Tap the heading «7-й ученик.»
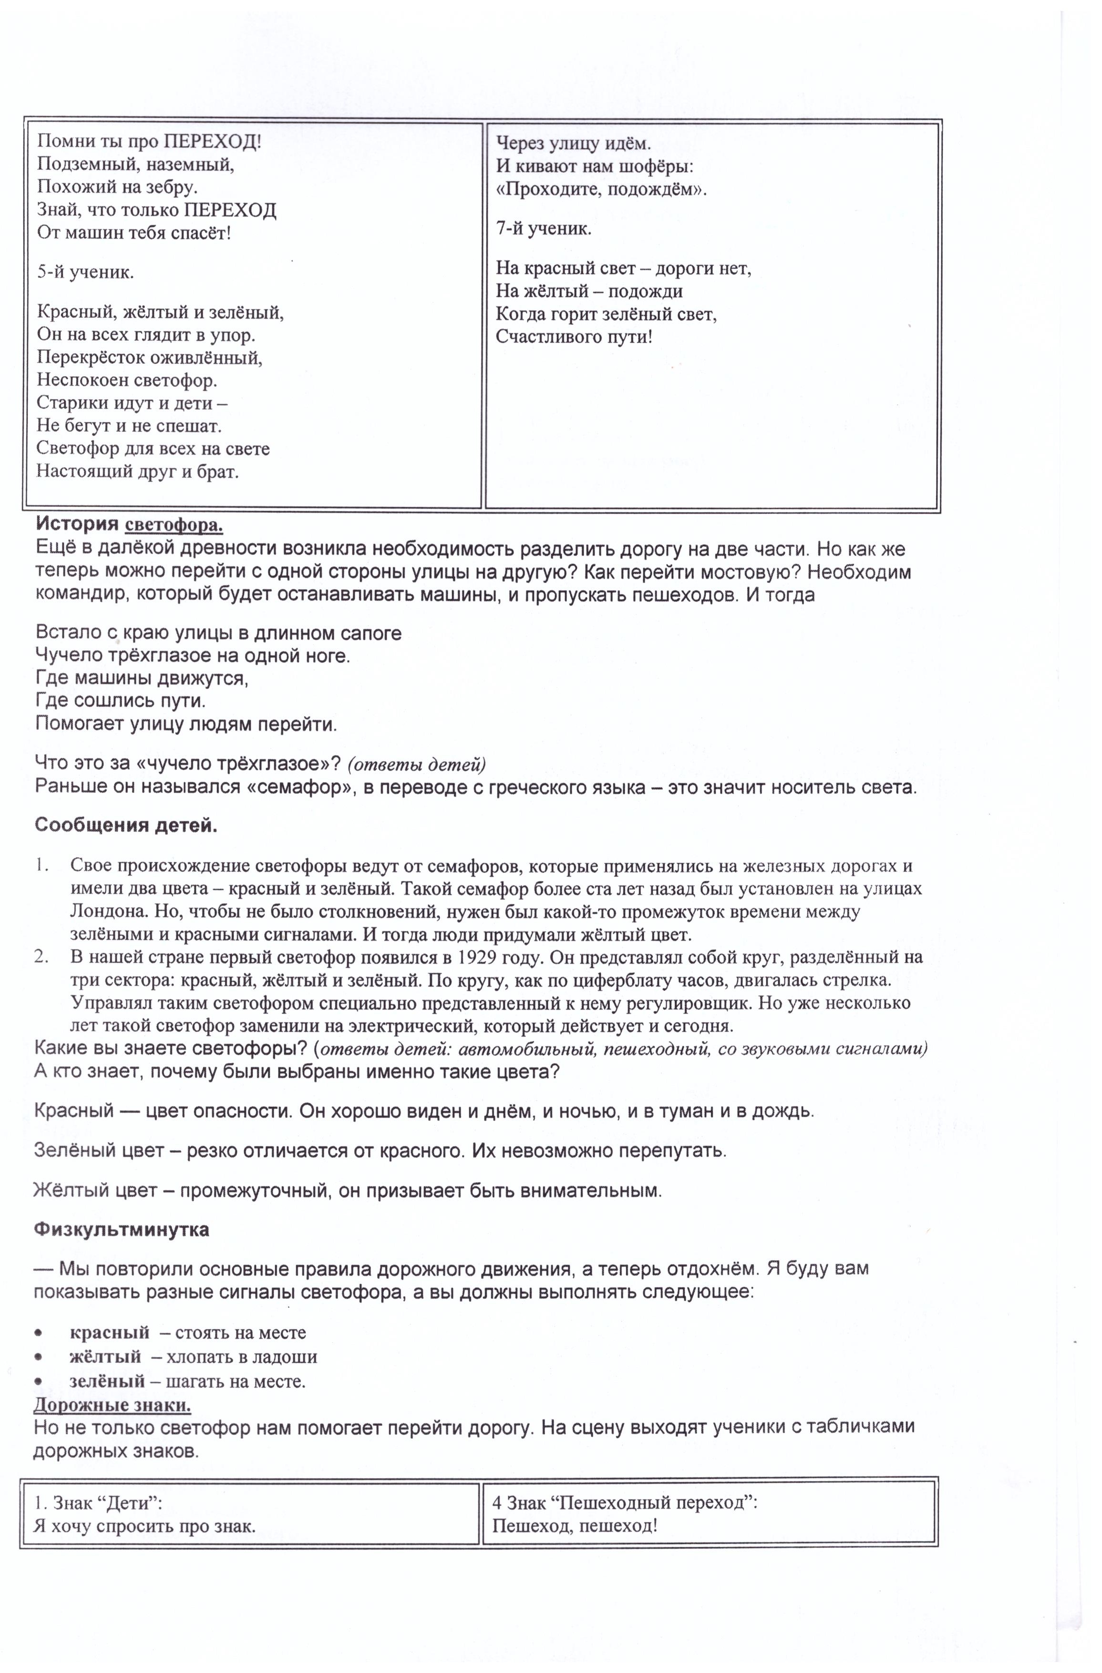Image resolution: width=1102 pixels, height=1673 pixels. coord(544,228)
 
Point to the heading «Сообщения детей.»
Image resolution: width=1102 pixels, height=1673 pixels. coord(126,825)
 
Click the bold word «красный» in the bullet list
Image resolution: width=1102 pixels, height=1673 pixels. coord(109,1332)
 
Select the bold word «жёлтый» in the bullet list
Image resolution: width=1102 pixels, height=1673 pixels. coord(105,1357)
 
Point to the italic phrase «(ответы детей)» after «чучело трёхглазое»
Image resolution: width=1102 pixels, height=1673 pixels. coord(416,764)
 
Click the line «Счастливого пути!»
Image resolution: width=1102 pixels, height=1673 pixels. coord(574,337)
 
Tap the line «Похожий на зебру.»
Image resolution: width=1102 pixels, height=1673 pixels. coord(117,187)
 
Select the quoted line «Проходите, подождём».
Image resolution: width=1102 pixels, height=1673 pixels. coord(601,190)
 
